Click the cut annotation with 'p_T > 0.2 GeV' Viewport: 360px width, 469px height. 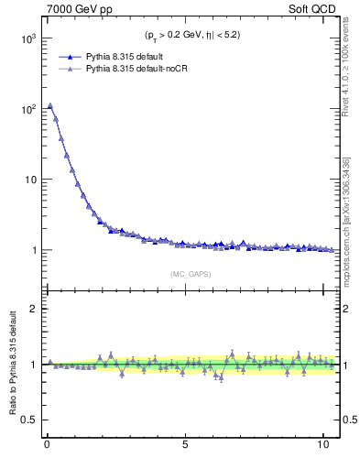pyautogui.click(x=191, y=36)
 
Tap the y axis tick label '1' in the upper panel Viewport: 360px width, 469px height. pyautogui.click(x=31, y=250)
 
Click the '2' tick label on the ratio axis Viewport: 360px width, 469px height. pyautogui.click(x=31, y=309)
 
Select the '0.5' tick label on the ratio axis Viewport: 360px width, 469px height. pyautogui.click(x=27, y=420)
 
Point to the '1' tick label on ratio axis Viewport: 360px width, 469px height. pyautogui.click(x=31, y=365)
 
